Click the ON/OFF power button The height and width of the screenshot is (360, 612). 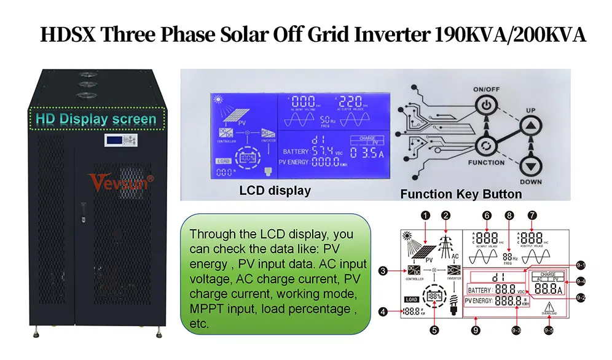point(485,105)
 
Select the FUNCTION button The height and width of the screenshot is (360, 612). point(485,146)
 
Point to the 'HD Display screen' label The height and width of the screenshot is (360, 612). point(96,119)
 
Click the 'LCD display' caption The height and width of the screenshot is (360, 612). point(275,191)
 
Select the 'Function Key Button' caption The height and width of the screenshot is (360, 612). point(461,194)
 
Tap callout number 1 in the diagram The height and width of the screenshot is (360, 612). point(423,215)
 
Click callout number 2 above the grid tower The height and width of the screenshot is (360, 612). point(446,215)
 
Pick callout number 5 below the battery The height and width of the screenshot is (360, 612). point(434,330)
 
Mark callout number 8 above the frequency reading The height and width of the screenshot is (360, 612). point(509,216)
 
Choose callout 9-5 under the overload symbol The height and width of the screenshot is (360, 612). point(549,330)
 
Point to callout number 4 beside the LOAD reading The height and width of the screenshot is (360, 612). point(384,311)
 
